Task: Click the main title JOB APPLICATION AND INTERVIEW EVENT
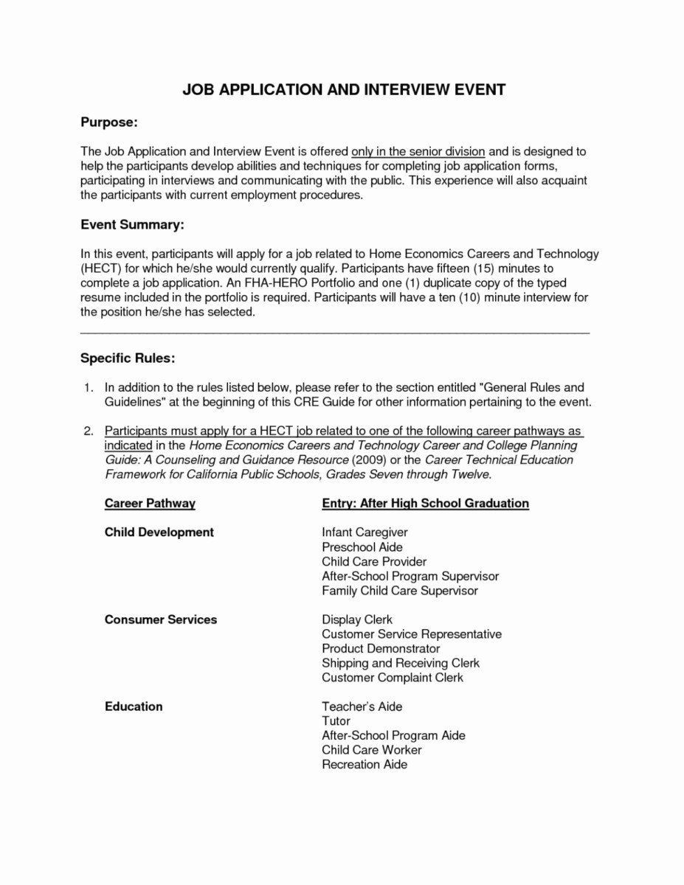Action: pyautogui.click(x=344, y=90)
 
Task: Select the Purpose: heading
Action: pyautogui.click(x=108, y=122)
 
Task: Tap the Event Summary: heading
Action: pyautogui.click(x=131, y=224)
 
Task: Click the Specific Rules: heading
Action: pyautogui.click(x=128, y=358)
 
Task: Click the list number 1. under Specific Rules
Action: pyautogui.click(x=89, y=387)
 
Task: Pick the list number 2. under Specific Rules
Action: pyautogui.click(x=89, y=431)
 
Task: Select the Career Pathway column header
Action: pyautogui.click(x=150, y=503)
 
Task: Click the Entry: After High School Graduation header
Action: pyautogui.click(x=426, y=503)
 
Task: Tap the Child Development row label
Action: pyautogui.click(x=159, y=532)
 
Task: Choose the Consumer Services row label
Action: pyautogui.click(x=161, y=619)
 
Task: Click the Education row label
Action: pyautogui.click(x=134, y=707)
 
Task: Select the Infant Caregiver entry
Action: pyautogui.click(x=365, y=532)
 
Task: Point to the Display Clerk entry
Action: pyautogui.click(x=357, y=619)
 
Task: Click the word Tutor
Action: pyautogui.click(x=336, y=721)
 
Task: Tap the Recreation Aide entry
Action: pyautogui.click(x=365, y=764)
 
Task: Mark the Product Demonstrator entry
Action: pyautogui.click(x=381, y=648)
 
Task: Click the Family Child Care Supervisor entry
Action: pyautogui.click(x=400, y=590)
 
